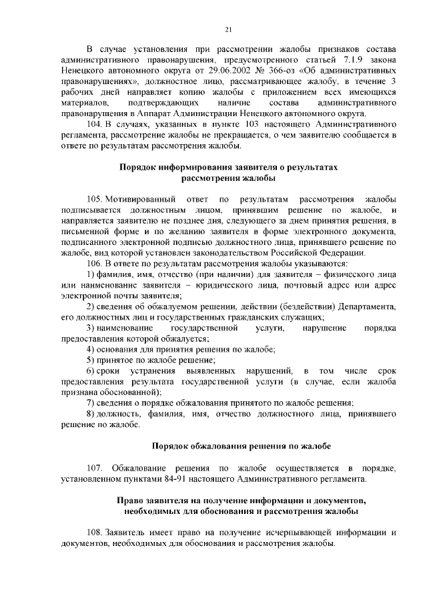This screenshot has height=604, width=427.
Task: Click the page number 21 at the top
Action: pos(228,29)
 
